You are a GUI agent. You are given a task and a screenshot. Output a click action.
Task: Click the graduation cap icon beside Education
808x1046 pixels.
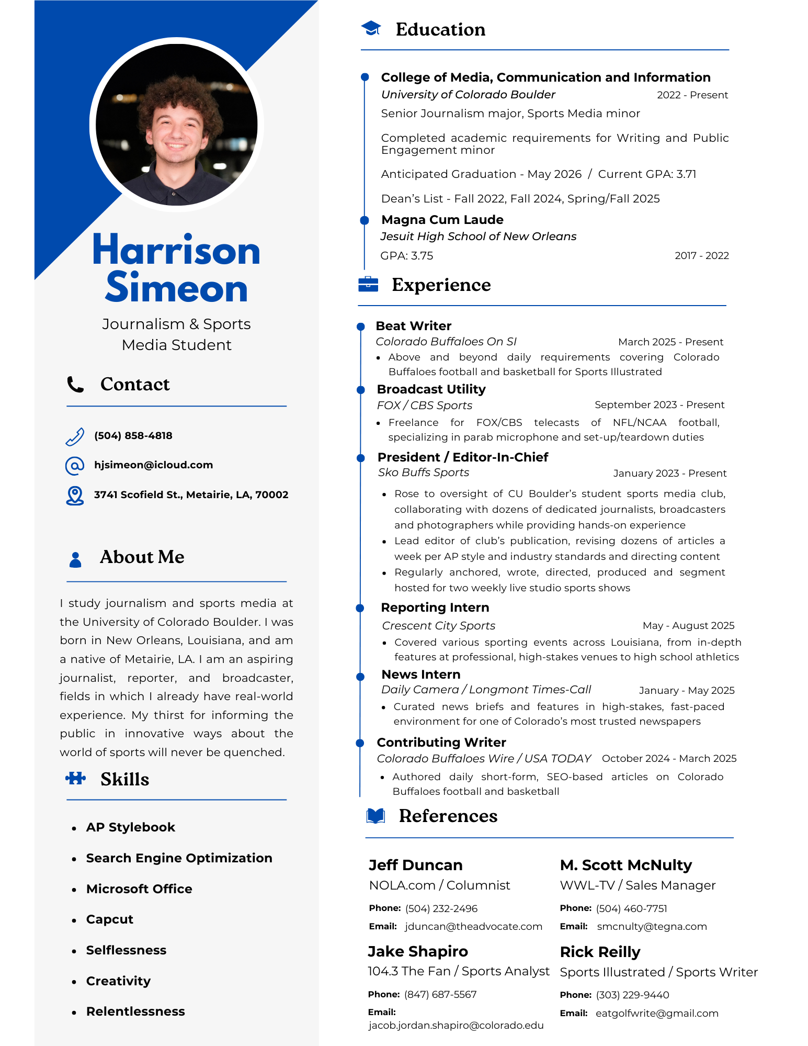(x=371, y=29)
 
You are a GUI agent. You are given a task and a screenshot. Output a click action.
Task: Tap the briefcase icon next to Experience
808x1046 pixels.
(x=368, y=284)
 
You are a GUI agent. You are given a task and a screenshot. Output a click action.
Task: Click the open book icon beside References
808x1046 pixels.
(x=375, y=816)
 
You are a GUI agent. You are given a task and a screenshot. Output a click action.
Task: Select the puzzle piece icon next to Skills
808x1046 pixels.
(x=76, y=779)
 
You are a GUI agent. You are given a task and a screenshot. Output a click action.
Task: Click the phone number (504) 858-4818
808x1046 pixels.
(x=133, y=435)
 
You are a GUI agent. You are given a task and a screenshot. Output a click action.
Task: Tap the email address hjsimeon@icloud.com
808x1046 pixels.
(x=153, y=465)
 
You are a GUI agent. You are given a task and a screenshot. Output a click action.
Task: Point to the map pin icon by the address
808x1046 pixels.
(x=75, y=495)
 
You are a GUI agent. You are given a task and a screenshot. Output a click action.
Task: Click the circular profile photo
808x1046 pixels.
(x=177, y=125)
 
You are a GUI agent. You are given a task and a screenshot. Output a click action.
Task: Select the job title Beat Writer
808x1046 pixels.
(x=413, y=326)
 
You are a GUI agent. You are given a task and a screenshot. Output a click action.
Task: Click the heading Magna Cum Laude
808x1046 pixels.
(x=442, y=220)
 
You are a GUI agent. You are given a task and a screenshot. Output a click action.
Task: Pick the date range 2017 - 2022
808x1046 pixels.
(x=701, y=256)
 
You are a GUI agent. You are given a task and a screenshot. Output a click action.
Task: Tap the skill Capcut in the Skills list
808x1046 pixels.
(x=109, y=919)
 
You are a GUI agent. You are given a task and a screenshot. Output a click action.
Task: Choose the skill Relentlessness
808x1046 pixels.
(x=135, y=1011)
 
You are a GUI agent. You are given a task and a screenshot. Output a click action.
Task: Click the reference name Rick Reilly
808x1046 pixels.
(x=600, y=952)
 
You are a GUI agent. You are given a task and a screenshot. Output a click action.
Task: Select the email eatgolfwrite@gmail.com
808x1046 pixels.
(x=657, y=1013)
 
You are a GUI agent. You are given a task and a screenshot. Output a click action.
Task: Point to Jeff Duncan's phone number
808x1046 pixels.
(x=441, y=908)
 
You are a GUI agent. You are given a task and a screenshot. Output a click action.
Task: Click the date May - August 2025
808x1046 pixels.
(x=688, y=626)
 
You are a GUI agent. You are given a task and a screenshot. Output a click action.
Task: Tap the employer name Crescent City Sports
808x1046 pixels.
(x=438, y=626)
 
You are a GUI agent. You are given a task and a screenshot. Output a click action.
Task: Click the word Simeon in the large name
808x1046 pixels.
(x=176, y=288)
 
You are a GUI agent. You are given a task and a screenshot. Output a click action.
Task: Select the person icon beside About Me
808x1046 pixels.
(x=75, y=559)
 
